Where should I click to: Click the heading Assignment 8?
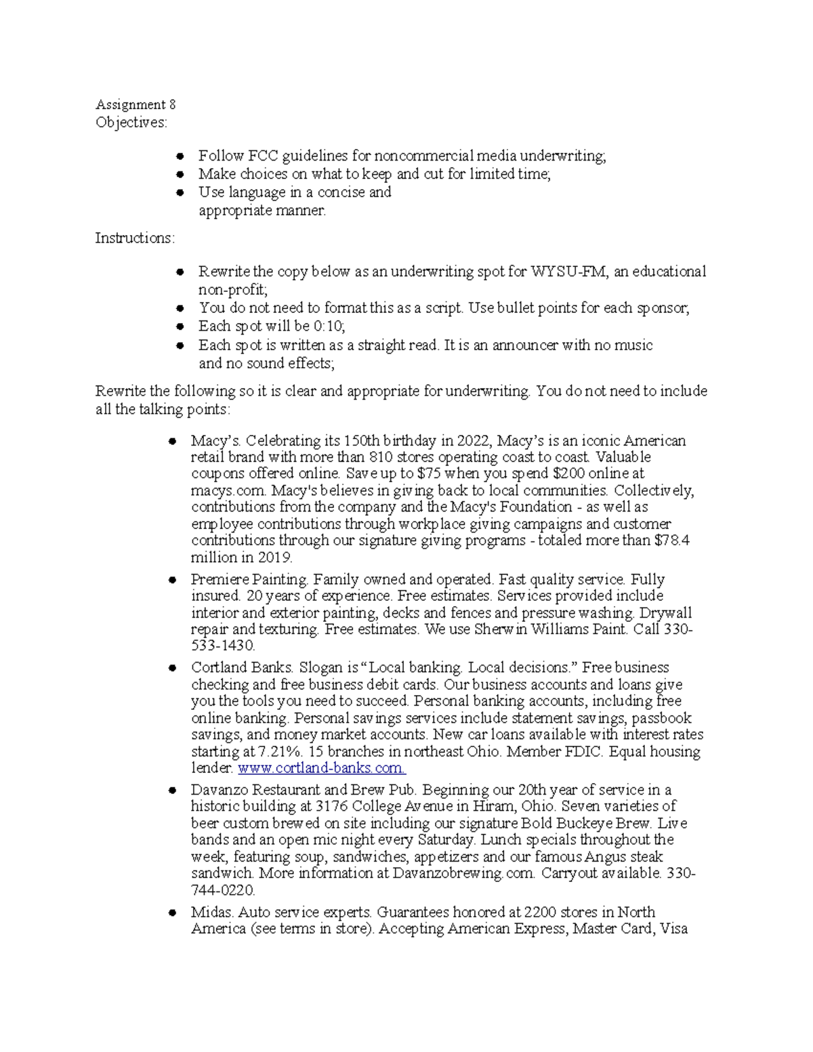coord(135,104)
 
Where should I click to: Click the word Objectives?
coord(131,123)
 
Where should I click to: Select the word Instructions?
coord(135,238)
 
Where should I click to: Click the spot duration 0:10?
coord(329,327)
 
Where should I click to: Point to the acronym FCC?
coord(263,156)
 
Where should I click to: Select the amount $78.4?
coord(672,541)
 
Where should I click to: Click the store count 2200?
coord(541,912)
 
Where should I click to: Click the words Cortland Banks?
coord(241,668)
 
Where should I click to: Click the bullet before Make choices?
coord(180,175)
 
